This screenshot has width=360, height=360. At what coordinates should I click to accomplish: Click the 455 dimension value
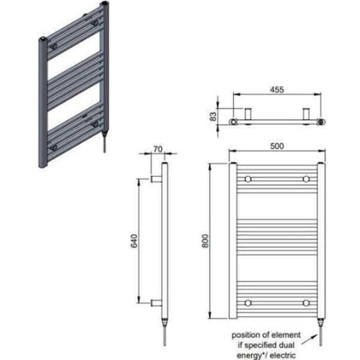(278, 90)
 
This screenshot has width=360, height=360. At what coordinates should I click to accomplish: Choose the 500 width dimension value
(276, 146)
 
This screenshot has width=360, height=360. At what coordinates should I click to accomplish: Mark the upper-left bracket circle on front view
(248, 179)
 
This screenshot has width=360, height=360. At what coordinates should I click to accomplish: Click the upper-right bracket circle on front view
(305, 179)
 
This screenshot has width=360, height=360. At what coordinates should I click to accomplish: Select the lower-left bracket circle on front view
(248, 302)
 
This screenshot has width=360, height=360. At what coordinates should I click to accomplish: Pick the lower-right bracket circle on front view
(305, 302)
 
